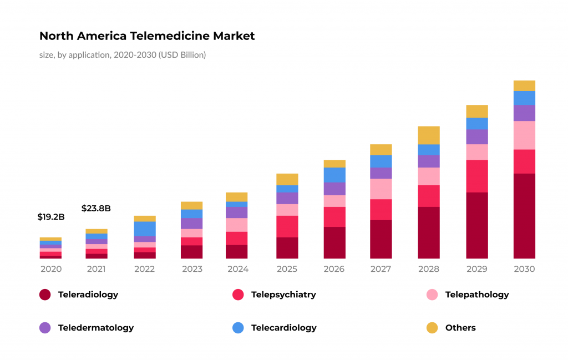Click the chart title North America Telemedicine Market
(147, 36)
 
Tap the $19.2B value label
(51, 217)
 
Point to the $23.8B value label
(96, 209)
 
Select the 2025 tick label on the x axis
(287, 269)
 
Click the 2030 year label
(524, 269)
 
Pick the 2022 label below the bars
(144, 269)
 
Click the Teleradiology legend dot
(45, 295)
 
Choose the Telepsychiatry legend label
(283, 295)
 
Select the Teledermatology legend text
(96, 328)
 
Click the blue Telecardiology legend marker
(238, 328)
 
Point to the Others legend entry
(460, 328)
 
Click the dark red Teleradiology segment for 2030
(524, 216)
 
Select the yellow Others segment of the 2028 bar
(428, 135)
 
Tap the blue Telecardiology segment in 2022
(144, 229)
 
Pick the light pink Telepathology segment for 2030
(524, 135)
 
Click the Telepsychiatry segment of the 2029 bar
(476, 176)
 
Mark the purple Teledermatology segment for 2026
(334, 189)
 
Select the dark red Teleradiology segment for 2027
(381, 239)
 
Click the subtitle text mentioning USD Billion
(123, 55)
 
